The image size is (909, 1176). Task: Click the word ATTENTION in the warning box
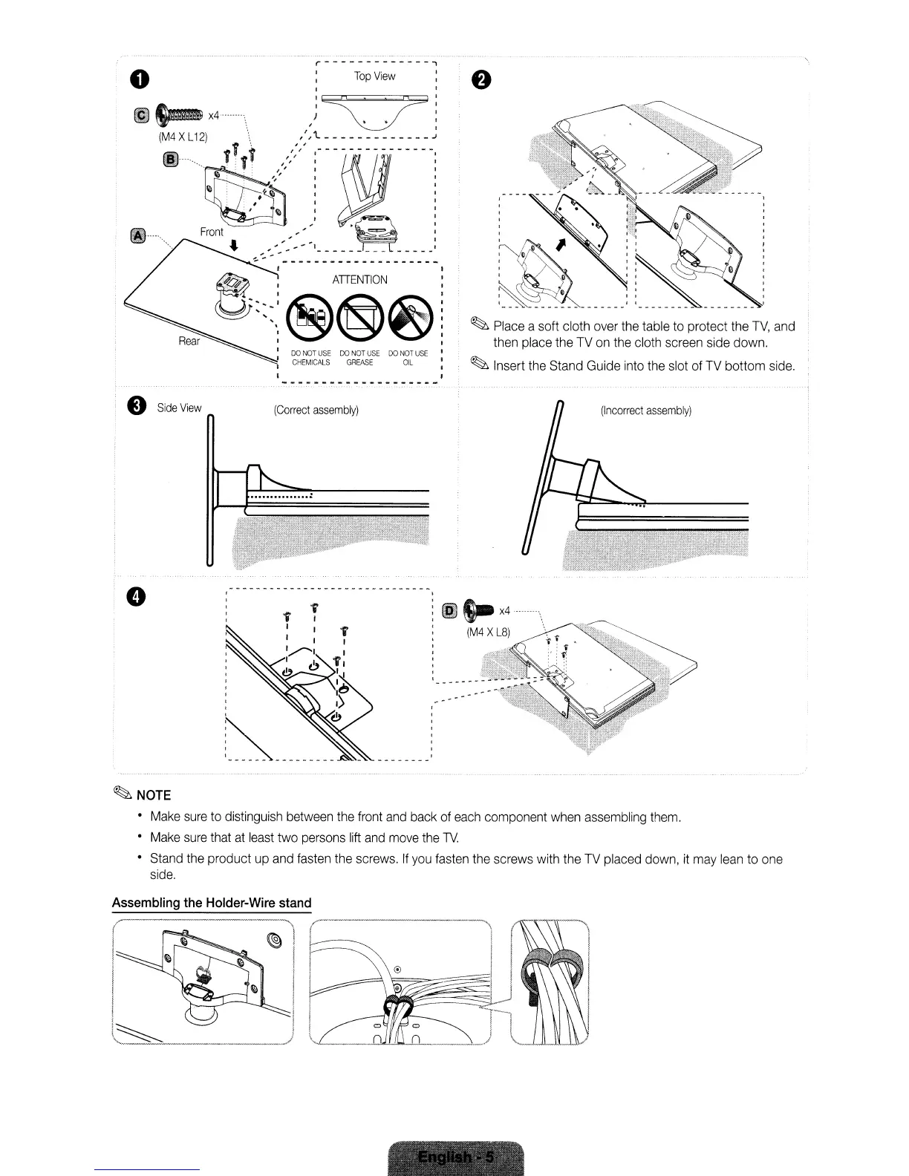[359, 280]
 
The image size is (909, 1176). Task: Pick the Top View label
[374, 76]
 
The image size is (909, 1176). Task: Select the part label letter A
[137, 236]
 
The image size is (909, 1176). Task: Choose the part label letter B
[170, 160]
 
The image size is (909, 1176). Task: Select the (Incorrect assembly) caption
[646, 411]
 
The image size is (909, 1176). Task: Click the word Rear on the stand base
[189, 342]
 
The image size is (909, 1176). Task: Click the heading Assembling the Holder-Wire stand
[212, 903]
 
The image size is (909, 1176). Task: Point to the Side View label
[179, 408]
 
